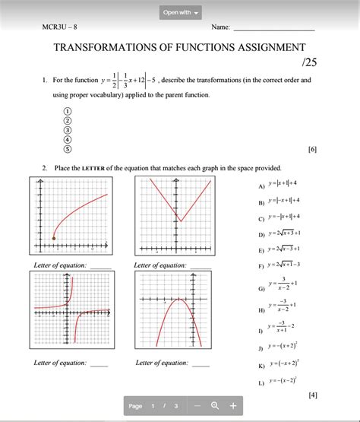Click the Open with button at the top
click(x=181, y=13)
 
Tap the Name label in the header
click(x=220, y=27)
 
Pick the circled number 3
click(x=68, y=130)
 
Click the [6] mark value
click(x=312, y=149)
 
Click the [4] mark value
click(x=312, y=395)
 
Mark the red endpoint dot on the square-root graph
click(x=54, y=239)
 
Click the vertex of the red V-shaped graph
click(x=180, y=221)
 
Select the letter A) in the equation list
click(x=261, y=185)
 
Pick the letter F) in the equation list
click(x=261, y=265)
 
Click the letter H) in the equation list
click(x=261, y=309)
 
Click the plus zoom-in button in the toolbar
click(x=232, y=406)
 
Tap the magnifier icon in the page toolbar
click(x=215, y=406)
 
